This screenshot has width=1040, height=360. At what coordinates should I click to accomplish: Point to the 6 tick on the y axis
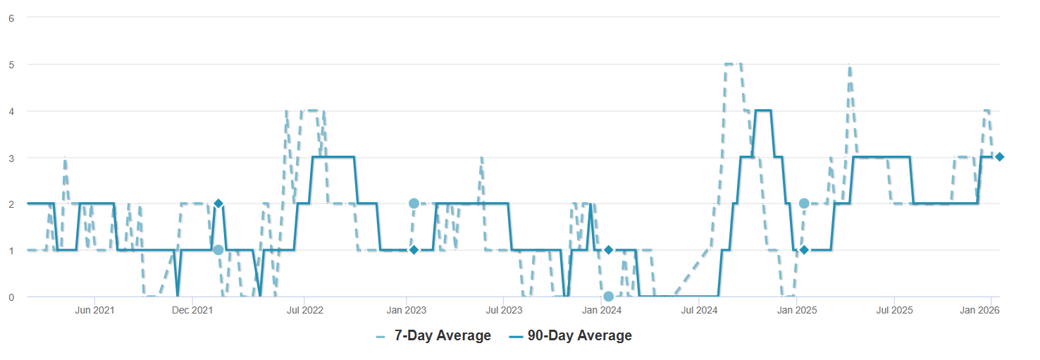(x=11, y=18)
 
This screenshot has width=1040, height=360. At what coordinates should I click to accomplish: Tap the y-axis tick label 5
(x=11, y=64)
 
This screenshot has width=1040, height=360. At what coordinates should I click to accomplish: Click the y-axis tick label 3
(x=11, y=157)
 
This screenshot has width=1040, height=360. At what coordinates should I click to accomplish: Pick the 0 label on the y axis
(x=11, y=297)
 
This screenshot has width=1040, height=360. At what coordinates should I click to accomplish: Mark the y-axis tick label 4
(x=11, y=111)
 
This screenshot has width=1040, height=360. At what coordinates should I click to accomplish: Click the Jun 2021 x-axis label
(x=94, y=310)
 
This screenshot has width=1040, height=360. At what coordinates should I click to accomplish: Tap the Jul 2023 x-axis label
(x=504, y=310)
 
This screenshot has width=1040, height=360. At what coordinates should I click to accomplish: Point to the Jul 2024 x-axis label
(x=698, y=310)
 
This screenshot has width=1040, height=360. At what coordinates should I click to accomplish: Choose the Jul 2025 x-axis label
(x=894, y=310)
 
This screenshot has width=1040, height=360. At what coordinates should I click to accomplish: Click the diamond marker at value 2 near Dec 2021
(x=218, y=204)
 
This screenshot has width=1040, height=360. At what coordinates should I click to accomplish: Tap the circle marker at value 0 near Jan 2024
(x=609, y=297)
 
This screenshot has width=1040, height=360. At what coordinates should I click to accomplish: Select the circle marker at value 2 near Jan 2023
(x=414, y=204)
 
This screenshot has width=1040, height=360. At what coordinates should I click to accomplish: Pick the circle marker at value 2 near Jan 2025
(x=804, y=204)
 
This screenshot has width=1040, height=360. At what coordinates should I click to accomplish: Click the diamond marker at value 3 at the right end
(x=999, y=156)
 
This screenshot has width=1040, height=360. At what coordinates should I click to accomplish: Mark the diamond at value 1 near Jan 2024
(x=609, y=250)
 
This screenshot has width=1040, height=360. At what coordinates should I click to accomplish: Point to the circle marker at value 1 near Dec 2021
(x=218, y=250)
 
